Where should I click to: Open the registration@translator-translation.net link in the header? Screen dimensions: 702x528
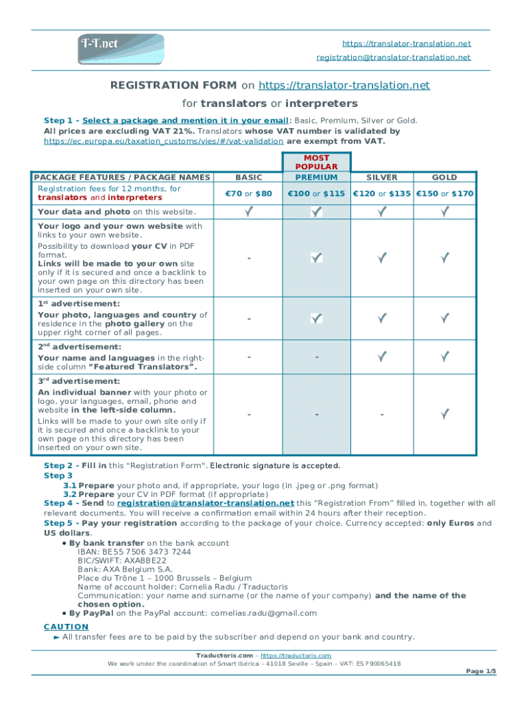click(393, 58)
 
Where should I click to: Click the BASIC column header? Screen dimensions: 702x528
click(248, 177)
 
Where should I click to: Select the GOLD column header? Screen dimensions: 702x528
click(444, 177)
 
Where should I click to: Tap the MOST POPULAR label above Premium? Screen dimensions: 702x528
click(316, 162)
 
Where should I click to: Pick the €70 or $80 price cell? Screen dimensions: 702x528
click(248, 194)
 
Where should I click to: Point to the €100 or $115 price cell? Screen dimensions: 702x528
click(316, 194)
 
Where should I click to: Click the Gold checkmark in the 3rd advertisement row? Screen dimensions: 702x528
click(444, 413)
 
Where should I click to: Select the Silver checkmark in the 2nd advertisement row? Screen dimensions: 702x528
click(382, 356)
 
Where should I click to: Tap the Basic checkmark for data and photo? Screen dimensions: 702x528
click(248, 212)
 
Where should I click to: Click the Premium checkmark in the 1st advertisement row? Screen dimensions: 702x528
click(316, 318)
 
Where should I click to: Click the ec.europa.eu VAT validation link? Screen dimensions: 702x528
click(164, 141)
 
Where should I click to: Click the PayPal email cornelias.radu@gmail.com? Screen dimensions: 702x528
click(263, 613)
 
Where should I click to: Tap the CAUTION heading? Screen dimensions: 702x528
click(66, 626)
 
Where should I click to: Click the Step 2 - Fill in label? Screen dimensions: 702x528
click(75, 465)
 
